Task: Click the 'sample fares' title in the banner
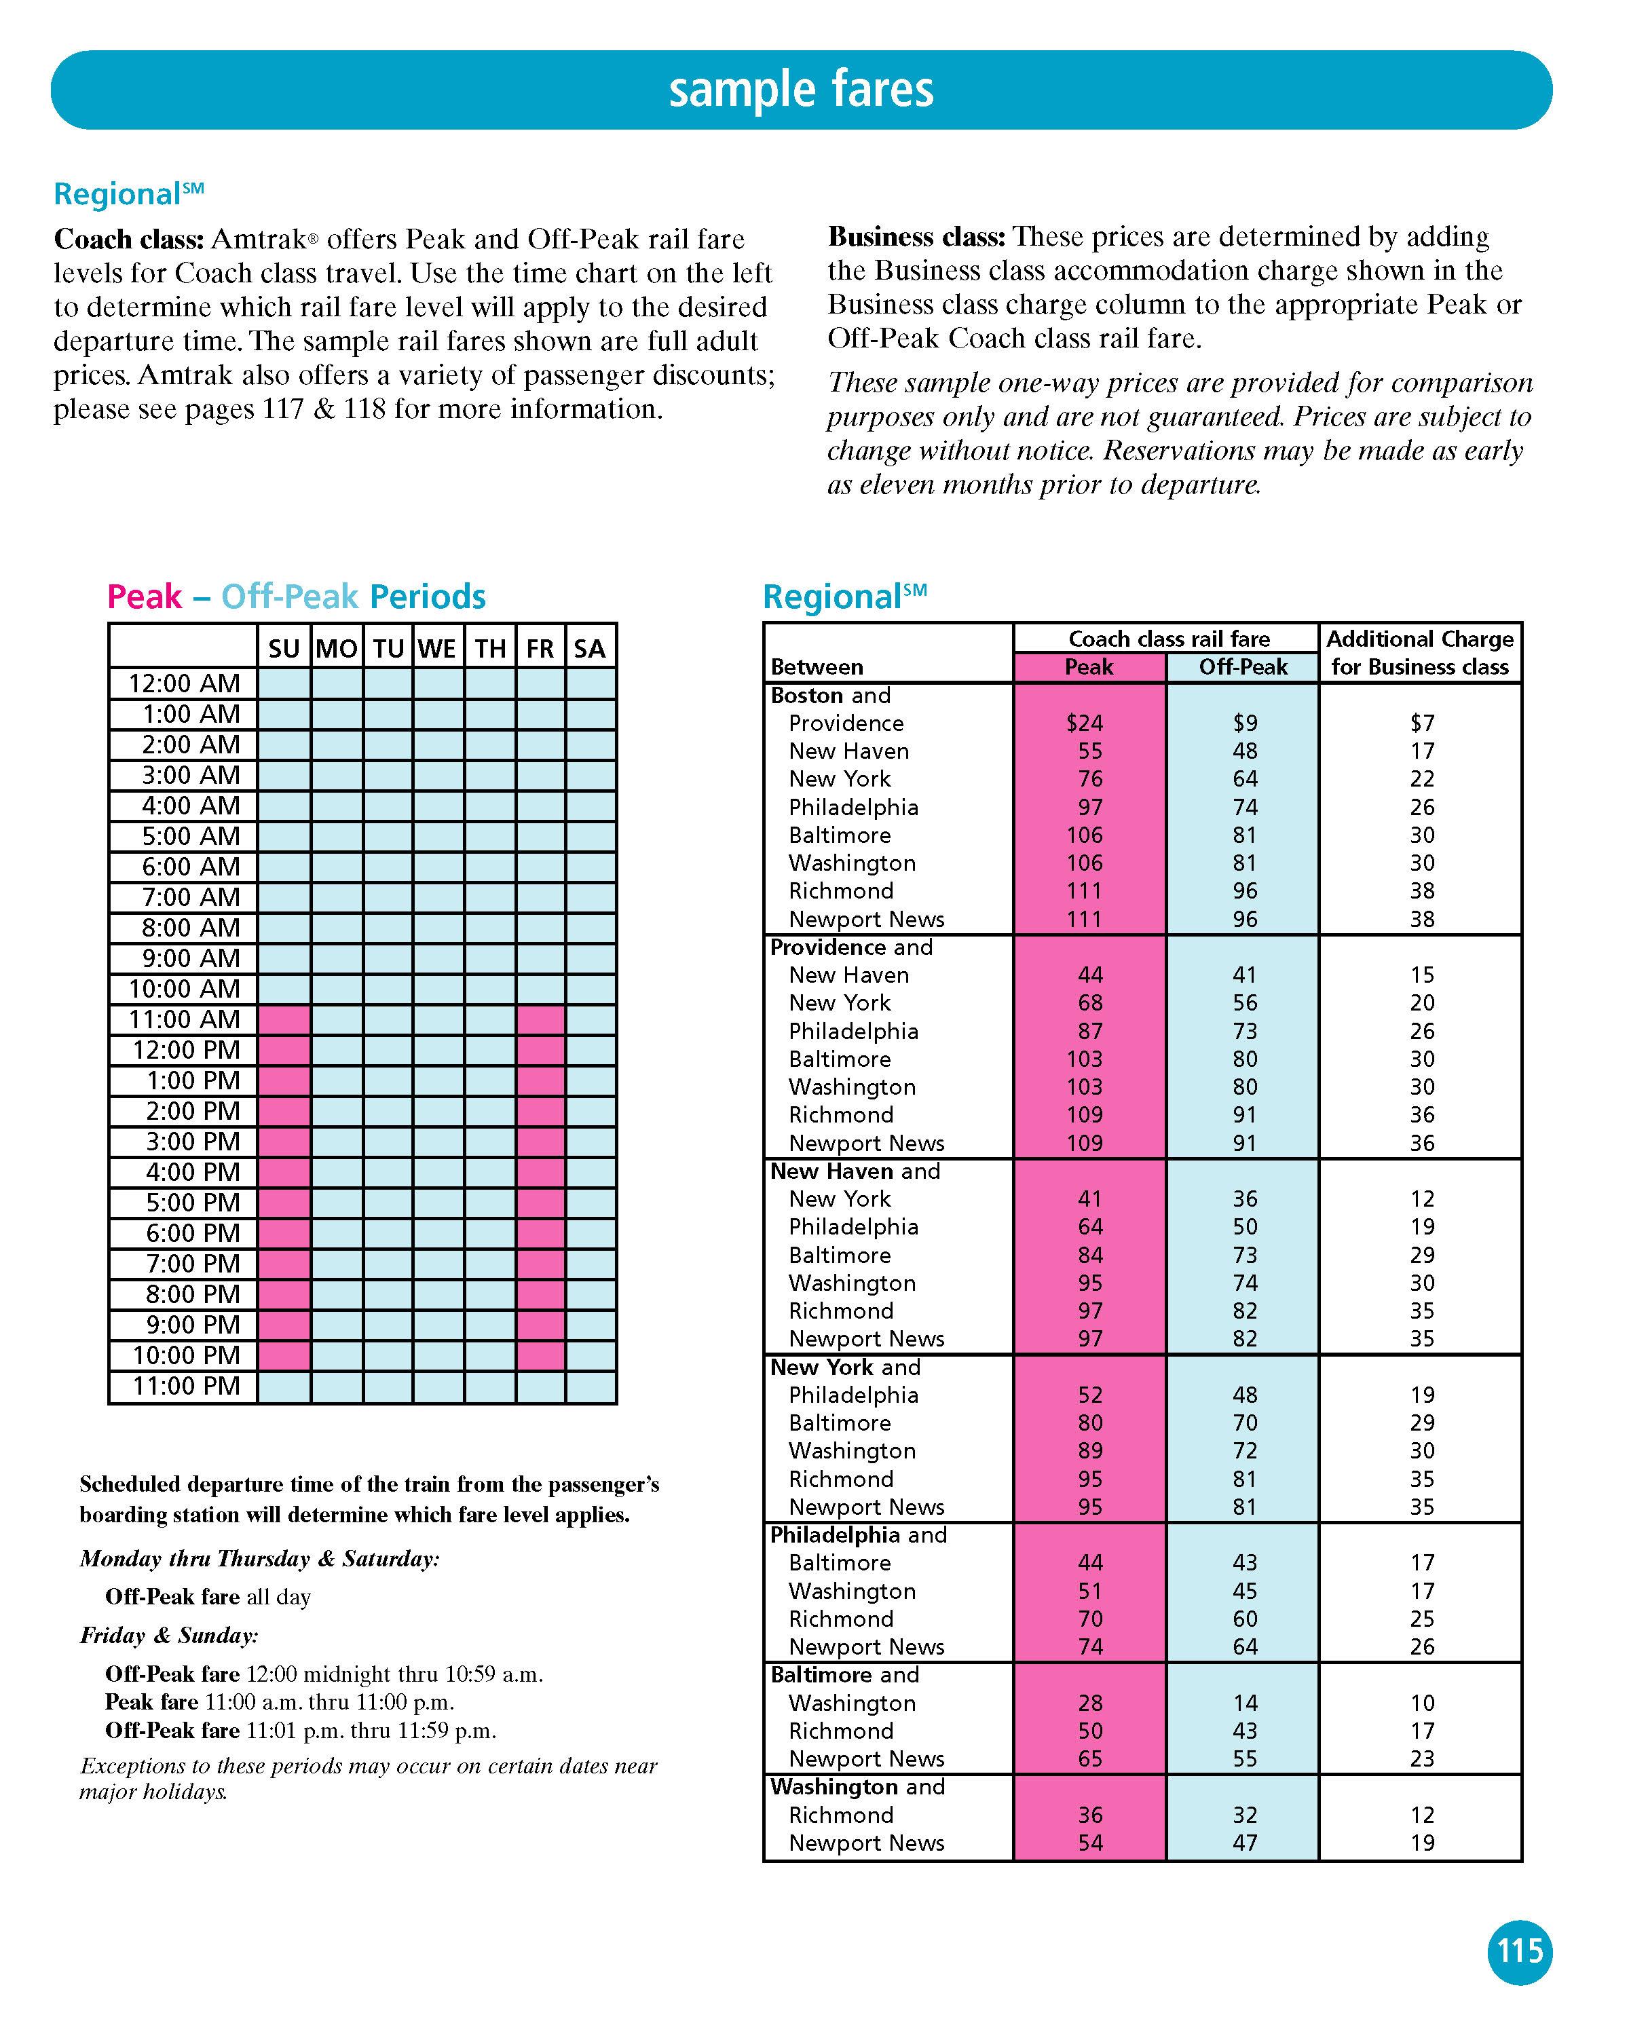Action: [801, 90]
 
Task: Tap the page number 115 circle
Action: [1520, 1951]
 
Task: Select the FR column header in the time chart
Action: [540, 649]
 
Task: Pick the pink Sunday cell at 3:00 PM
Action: [284, 1142]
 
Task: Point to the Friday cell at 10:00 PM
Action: [540, 1355]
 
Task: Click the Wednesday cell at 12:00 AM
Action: [438, 683]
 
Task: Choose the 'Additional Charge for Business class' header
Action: [1419, 653]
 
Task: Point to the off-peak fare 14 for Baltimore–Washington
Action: [1245, 1703]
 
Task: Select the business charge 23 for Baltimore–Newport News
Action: [1421, 1758]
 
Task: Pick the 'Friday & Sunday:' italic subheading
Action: [169, 1636]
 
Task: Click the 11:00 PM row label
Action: [186, 1387]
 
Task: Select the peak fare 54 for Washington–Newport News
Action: [1090, 1843]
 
